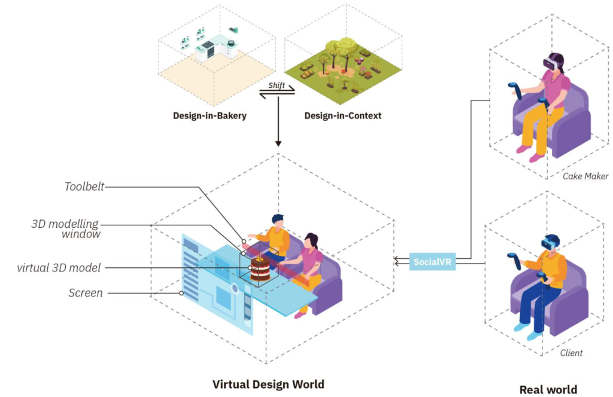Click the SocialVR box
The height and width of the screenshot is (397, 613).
[432, 261]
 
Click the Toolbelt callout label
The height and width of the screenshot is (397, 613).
[84, 187]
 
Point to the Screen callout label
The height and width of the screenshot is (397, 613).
[85, 293]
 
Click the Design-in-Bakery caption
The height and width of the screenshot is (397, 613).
[210, 115]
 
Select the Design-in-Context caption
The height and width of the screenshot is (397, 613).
[342, 115]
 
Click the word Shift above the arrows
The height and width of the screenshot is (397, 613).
[276, 85]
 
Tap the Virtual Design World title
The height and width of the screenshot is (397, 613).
[268, 384]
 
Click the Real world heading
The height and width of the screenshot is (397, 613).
[548, 389]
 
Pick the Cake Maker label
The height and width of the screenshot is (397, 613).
[585, 176]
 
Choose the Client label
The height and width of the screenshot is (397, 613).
[571, 353]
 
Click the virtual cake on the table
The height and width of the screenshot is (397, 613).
[260, 270]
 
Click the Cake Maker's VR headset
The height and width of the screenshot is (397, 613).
[551, 62]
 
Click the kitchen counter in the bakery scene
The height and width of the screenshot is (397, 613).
[210, 51]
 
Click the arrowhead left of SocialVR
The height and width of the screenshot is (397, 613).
[397, 261]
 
